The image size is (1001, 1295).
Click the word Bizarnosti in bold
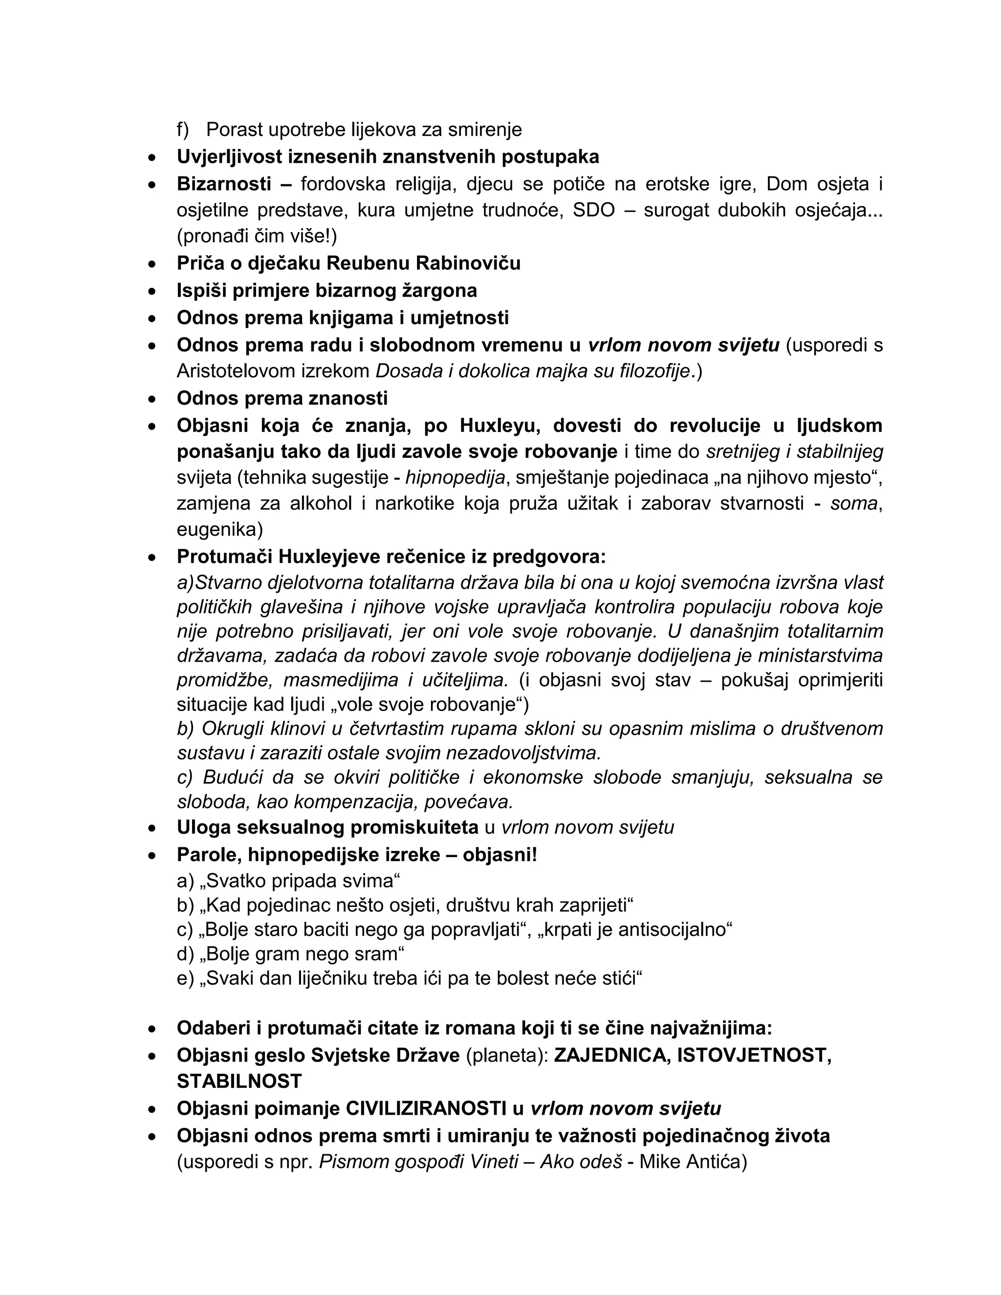click(x=223, y=184)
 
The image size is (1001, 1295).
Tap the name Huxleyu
click(x=500, y=426)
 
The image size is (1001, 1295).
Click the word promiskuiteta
click(x=414, y=827)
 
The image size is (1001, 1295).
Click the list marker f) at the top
click(x=183, y=129)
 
